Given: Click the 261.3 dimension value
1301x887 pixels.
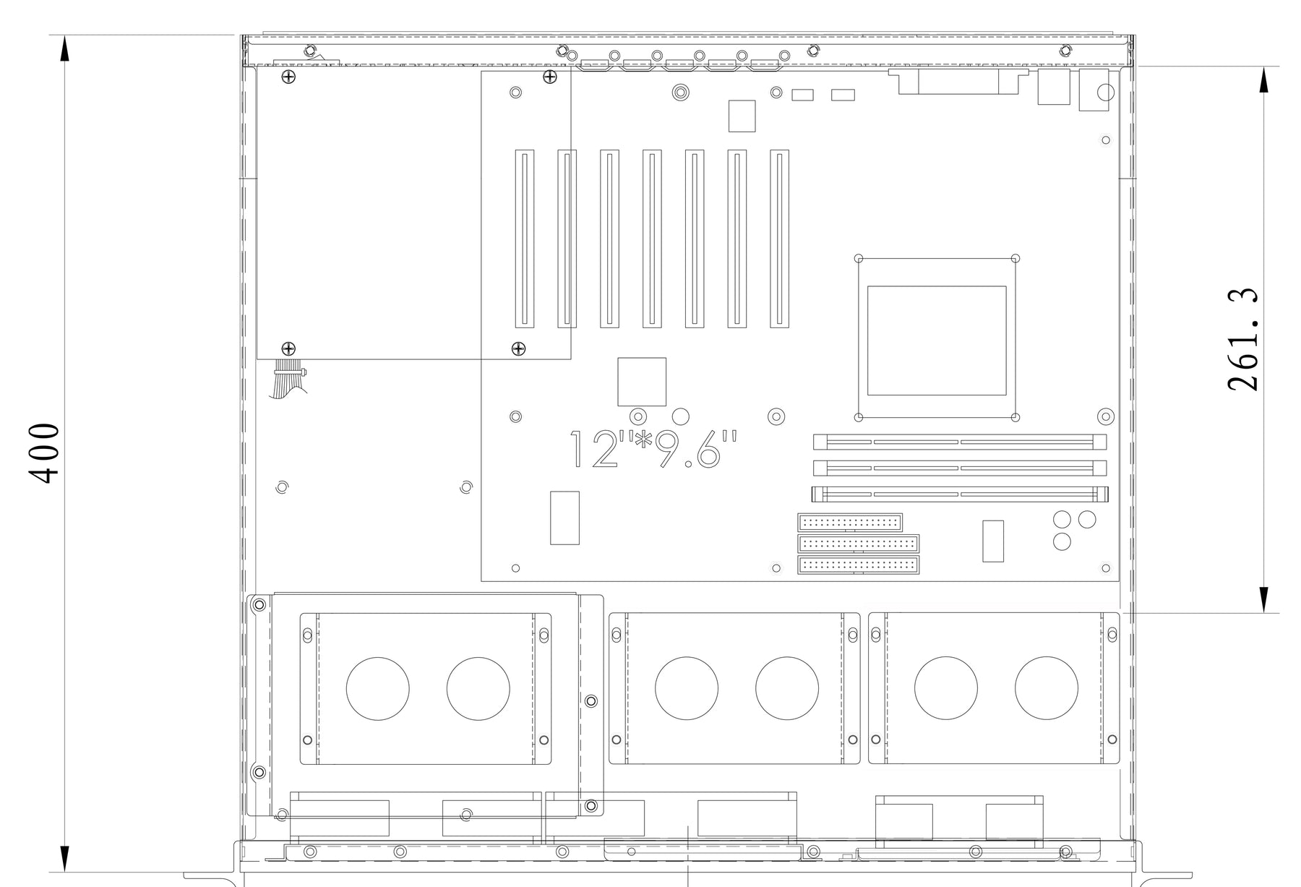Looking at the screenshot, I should [1242, 340].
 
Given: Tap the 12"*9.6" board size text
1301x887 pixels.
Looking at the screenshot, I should [655, 450].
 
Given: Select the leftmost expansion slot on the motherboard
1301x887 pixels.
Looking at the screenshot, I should [525, 239].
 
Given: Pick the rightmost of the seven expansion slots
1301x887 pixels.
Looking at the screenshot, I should [779, 239].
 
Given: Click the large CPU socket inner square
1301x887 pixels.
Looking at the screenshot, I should [937, 340].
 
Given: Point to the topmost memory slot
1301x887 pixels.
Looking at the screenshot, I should [960, 442].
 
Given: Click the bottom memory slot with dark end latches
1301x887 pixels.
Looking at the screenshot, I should [960, 495].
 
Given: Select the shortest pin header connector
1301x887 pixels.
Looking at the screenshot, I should [850, 522].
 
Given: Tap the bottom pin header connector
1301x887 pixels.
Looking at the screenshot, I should [859, 565].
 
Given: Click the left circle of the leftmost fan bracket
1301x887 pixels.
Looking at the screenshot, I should [378, 689].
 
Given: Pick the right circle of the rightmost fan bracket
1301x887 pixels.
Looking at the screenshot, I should [1046, 688].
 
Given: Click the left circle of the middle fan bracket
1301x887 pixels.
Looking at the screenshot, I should [687, 688].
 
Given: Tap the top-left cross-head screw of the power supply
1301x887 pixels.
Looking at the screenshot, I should [288, 77].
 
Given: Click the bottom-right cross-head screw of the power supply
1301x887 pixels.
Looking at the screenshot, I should [518, 349].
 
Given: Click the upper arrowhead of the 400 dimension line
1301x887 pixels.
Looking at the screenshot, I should [64, 49].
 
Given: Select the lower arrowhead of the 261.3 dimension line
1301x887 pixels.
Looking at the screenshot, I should [1263, 599].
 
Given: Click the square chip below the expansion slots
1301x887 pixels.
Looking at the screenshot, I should [642, 382].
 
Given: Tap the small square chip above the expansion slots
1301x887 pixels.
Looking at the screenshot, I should [742, 116].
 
